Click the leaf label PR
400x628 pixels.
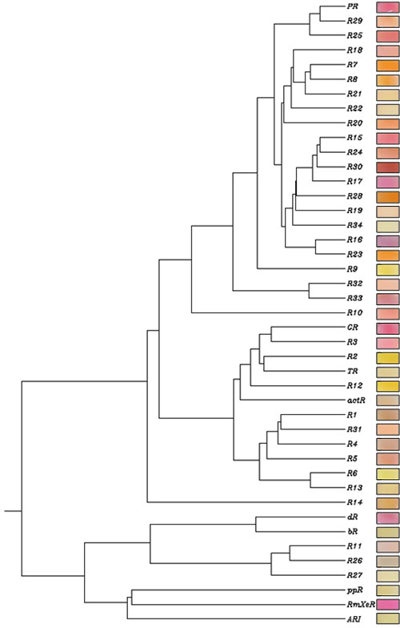(352, 6)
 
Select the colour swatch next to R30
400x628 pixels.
(387, 167)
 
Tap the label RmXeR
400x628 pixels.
(361, 604)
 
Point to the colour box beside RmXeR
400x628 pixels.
(387, 604)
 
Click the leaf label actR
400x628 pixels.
(356, 401)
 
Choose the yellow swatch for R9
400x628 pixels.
(387, 269)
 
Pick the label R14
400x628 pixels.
(354, 502)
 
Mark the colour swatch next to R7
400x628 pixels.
(387, 65)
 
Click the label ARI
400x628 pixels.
(354, 619)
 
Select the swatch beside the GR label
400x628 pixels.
(387, 328)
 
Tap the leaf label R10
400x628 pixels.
(354, 312)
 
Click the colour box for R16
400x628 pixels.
(387, 240)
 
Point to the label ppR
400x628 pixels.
(354, 590)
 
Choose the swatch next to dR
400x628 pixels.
(387, 517)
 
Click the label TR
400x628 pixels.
(352, 372)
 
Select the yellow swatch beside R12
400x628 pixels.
(387, 386)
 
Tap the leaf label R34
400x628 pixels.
(354, 225)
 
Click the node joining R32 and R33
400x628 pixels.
(309, 291)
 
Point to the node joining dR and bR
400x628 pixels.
(256, 524)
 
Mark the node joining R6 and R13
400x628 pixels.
(310, 481)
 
